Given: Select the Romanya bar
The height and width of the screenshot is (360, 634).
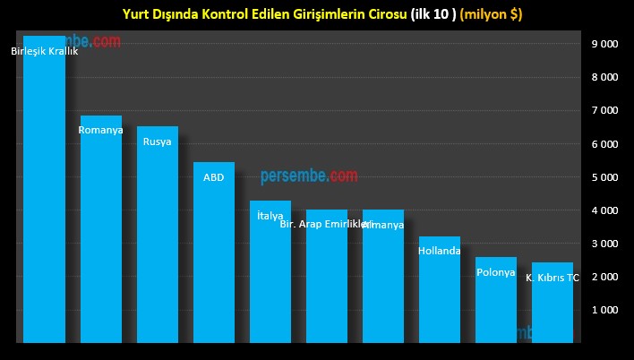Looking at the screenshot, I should [x=100, y=233].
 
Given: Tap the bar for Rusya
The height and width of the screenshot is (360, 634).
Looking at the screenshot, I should [x=157, y=237].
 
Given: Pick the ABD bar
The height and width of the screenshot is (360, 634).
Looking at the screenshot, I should [x=213, y=255].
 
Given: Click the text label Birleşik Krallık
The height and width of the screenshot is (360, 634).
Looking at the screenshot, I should [x=45, y=51].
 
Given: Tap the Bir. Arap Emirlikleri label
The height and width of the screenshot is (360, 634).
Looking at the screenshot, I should [x=324, y=224].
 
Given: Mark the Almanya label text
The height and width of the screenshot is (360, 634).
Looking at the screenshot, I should [x=383, y=225].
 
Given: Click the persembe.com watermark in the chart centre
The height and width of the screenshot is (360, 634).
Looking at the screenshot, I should [x=309, y=176].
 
